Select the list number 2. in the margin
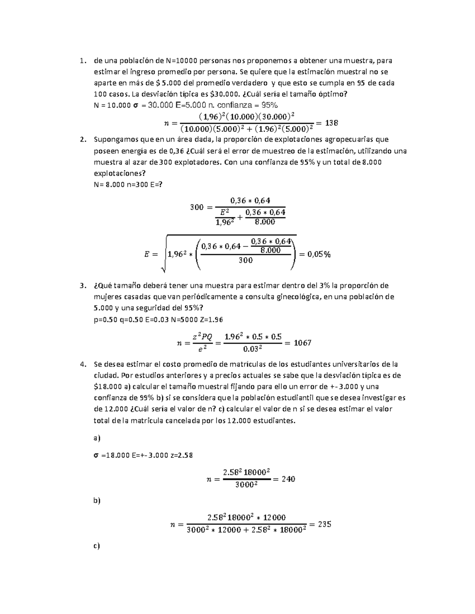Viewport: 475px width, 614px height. coord(83,140)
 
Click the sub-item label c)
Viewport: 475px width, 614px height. coord(97,546)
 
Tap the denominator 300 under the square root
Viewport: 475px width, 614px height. coord(246,260)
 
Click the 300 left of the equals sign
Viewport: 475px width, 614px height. coord(196,207)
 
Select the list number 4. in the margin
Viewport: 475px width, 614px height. coord(83,364)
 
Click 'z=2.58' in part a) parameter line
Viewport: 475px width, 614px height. coord(181,455)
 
